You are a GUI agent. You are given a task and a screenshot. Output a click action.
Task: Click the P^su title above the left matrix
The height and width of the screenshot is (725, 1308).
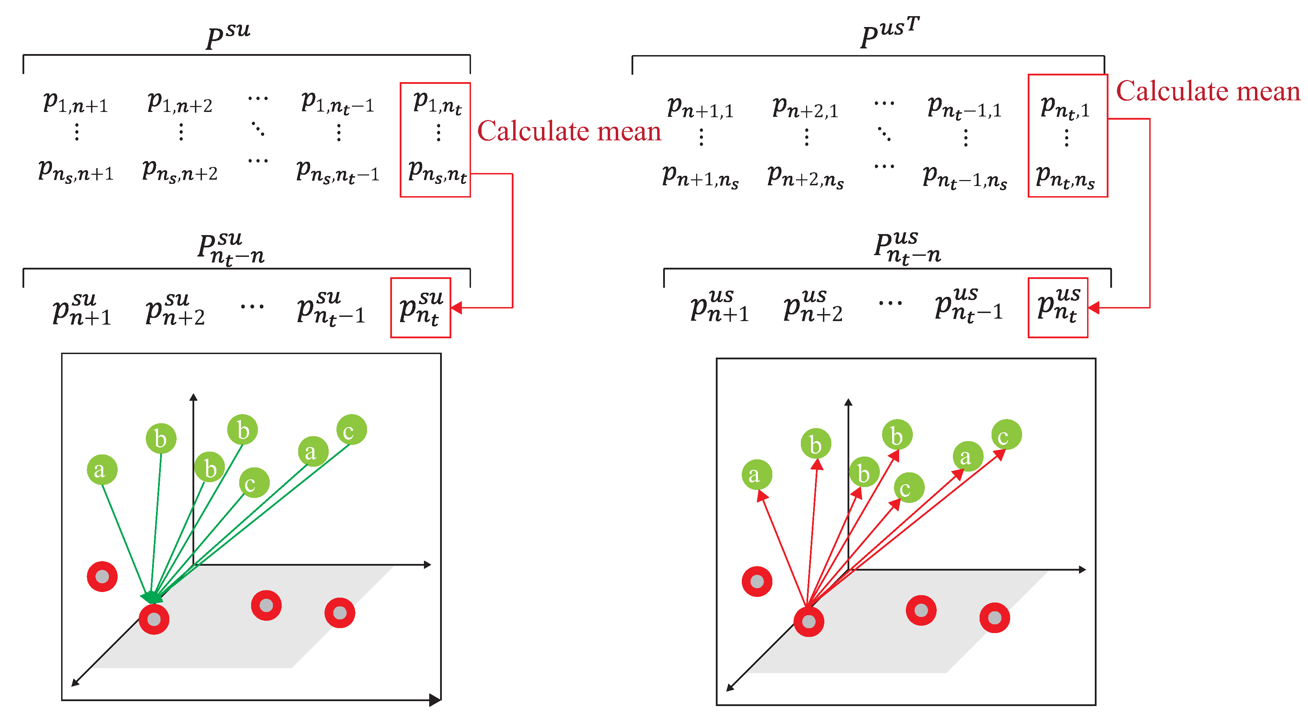click(228, 35)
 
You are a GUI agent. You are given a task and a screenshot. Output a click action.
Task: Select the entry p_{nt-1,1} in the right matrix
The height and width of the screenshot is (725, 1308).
click(964, 108)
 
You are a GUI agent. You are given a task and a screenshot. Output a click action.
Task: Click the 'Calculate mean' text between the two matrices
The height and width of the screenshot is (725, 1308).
click(569, 131)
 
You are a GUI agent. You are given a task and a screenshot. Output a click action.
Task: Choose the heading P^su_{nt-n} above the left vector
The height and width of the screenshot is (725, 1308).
click(231, 248)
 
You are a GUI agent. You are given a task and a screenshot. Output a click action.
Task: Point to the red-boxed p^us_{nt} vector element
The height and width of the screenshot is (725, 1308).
click(1058, 307)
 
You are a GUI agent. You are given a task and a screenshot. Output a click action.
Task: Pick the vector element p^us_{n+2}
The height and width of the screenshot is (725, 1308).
click(812, 306)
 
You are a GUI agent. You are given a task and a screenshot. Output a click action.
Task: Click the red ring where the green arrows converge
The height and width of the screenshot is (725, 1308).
click(154, 619)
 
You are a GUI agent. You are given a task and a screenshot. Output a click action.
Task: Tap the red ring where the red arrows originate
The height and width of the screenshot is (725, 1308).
click(808, 621)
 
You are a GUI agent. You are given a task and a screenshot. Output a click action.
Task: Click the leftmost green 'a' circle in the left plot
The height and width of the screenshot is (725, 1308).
click(102, 469)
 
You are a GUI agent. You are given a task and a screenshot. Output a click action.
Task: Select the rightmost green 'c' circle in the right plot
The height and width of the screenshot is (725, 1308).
click(1006, 435)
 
